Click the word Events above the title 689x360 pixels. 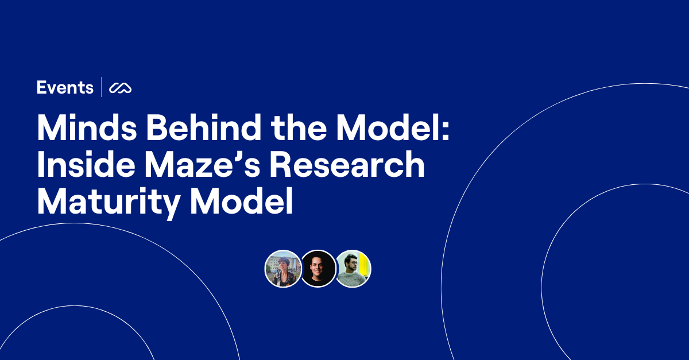click(x=65, y=88)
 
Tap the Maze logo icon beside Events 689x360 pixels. click(x=121, y=88)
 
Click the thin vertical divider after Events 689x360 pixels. click(x=102, y=87)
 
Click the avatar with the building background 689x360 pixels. click(x=282, y=269)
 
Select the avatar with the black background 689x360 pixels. click(x=318, y=269)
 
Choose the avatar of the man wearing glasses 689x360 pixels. click(x=352, y=268)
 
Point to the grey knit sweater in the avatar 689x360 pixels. click(x=350, y=280)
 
